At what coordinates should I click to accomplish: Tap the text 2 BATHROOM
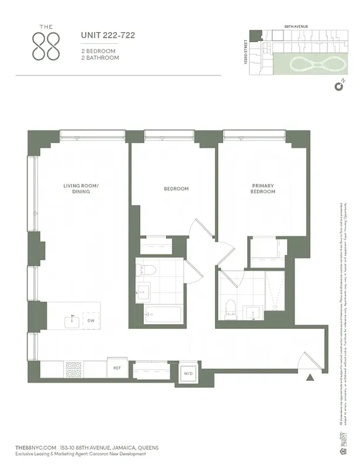pyautogui.click(x=100, y=58)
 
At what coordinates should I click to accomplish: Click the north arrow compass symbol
pyautogui.click(x=338, y=88)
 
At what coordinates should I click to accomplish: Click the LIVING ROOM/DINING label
pyautogui.click(x=81, y=189)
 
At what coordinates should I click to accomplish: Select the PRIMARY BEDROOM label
pyautogui.click(x=262, y=189)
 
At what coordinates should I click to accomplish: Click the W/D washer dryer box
pyautogui.click(x=188, y=373)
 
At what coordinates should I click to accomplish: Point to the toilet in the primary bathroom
pyautogui.click(x=230, y=308)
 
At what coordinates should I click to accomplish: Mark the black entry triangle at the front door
pyautogui.click(x=310, y=378)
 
